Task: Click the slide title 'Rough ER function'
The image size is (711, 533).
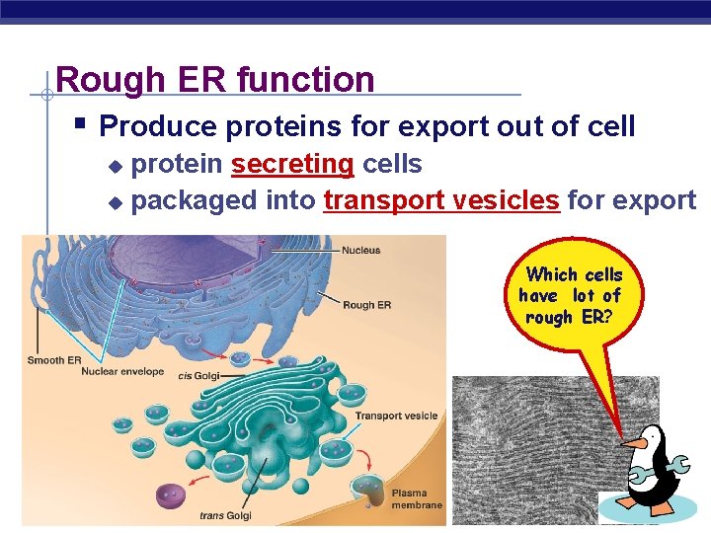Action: (x=215, y=79)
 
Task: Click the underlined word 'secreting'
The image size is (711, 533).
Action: (x=292, y=164)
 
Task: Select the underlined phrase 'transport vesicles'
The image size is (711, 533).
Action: (x=441, y=200)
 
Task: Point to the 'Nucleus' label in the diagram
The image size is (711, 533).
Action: (x=360, y=251)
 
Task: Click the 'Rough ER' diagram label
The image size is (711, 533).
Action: (x=365, y=305)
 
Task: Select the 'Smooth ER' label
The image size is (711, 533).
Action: (x=54, y=360)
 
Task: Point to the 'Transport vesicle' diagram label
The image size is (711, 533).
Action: (x=396, y=416)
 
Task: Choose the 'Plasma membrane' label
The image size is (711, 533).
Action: (x=409, y=499)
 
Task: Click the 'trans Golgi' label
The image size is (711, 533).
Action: (x=225, y=515)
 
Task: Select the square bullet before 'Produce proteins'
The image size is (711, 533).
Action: (x=81, y=125)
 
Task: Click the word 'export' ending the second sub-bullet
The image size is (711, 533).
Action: (x=654, y=200)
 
